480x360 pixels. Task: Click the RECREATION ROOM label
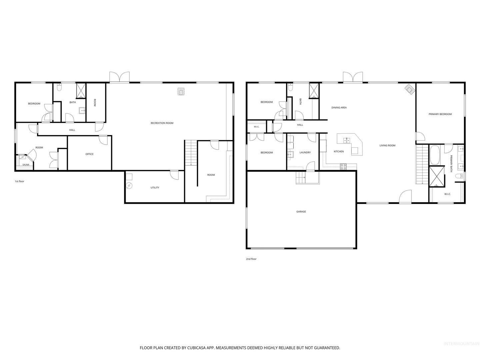click(162, 123)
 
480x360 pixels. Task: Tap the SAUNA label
click(26, 165)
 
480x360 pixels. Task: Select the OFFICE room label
click(89, 154)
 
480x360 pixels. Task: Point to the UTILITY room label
click(155, 188)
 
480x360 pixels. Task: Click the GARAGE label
click(301, 212)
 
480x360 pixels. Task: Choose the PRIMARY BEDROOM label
click(440, 114)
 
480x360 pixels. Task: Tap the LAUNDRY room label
click(305, 152)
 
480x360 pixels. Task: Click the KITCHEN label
click(339, 151)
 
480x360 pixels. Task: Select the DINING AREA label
click(339, 108)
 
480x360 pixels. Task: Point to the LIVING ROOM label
click(387, 145)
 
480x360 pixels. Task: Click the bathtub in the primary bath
click(435, 155)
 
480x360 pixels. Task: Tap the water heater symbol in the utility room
click(129, 186)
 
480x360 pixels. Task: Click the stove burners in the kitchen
click(343, 167)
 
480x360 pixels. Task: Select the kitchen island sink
click(347, 140)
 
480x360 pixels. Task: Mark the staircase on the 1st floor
click(191, 153)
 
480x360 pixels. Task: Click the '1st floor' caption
click(19, 181)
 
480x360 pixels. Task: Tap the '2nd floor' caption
click(251, 259)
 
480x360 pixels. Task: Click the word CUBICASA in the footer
click(196, 348)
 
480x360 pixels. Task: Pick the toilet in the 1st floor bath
click(59, 87)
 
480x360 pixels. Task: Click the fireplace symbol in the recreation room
click(181, 91)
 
